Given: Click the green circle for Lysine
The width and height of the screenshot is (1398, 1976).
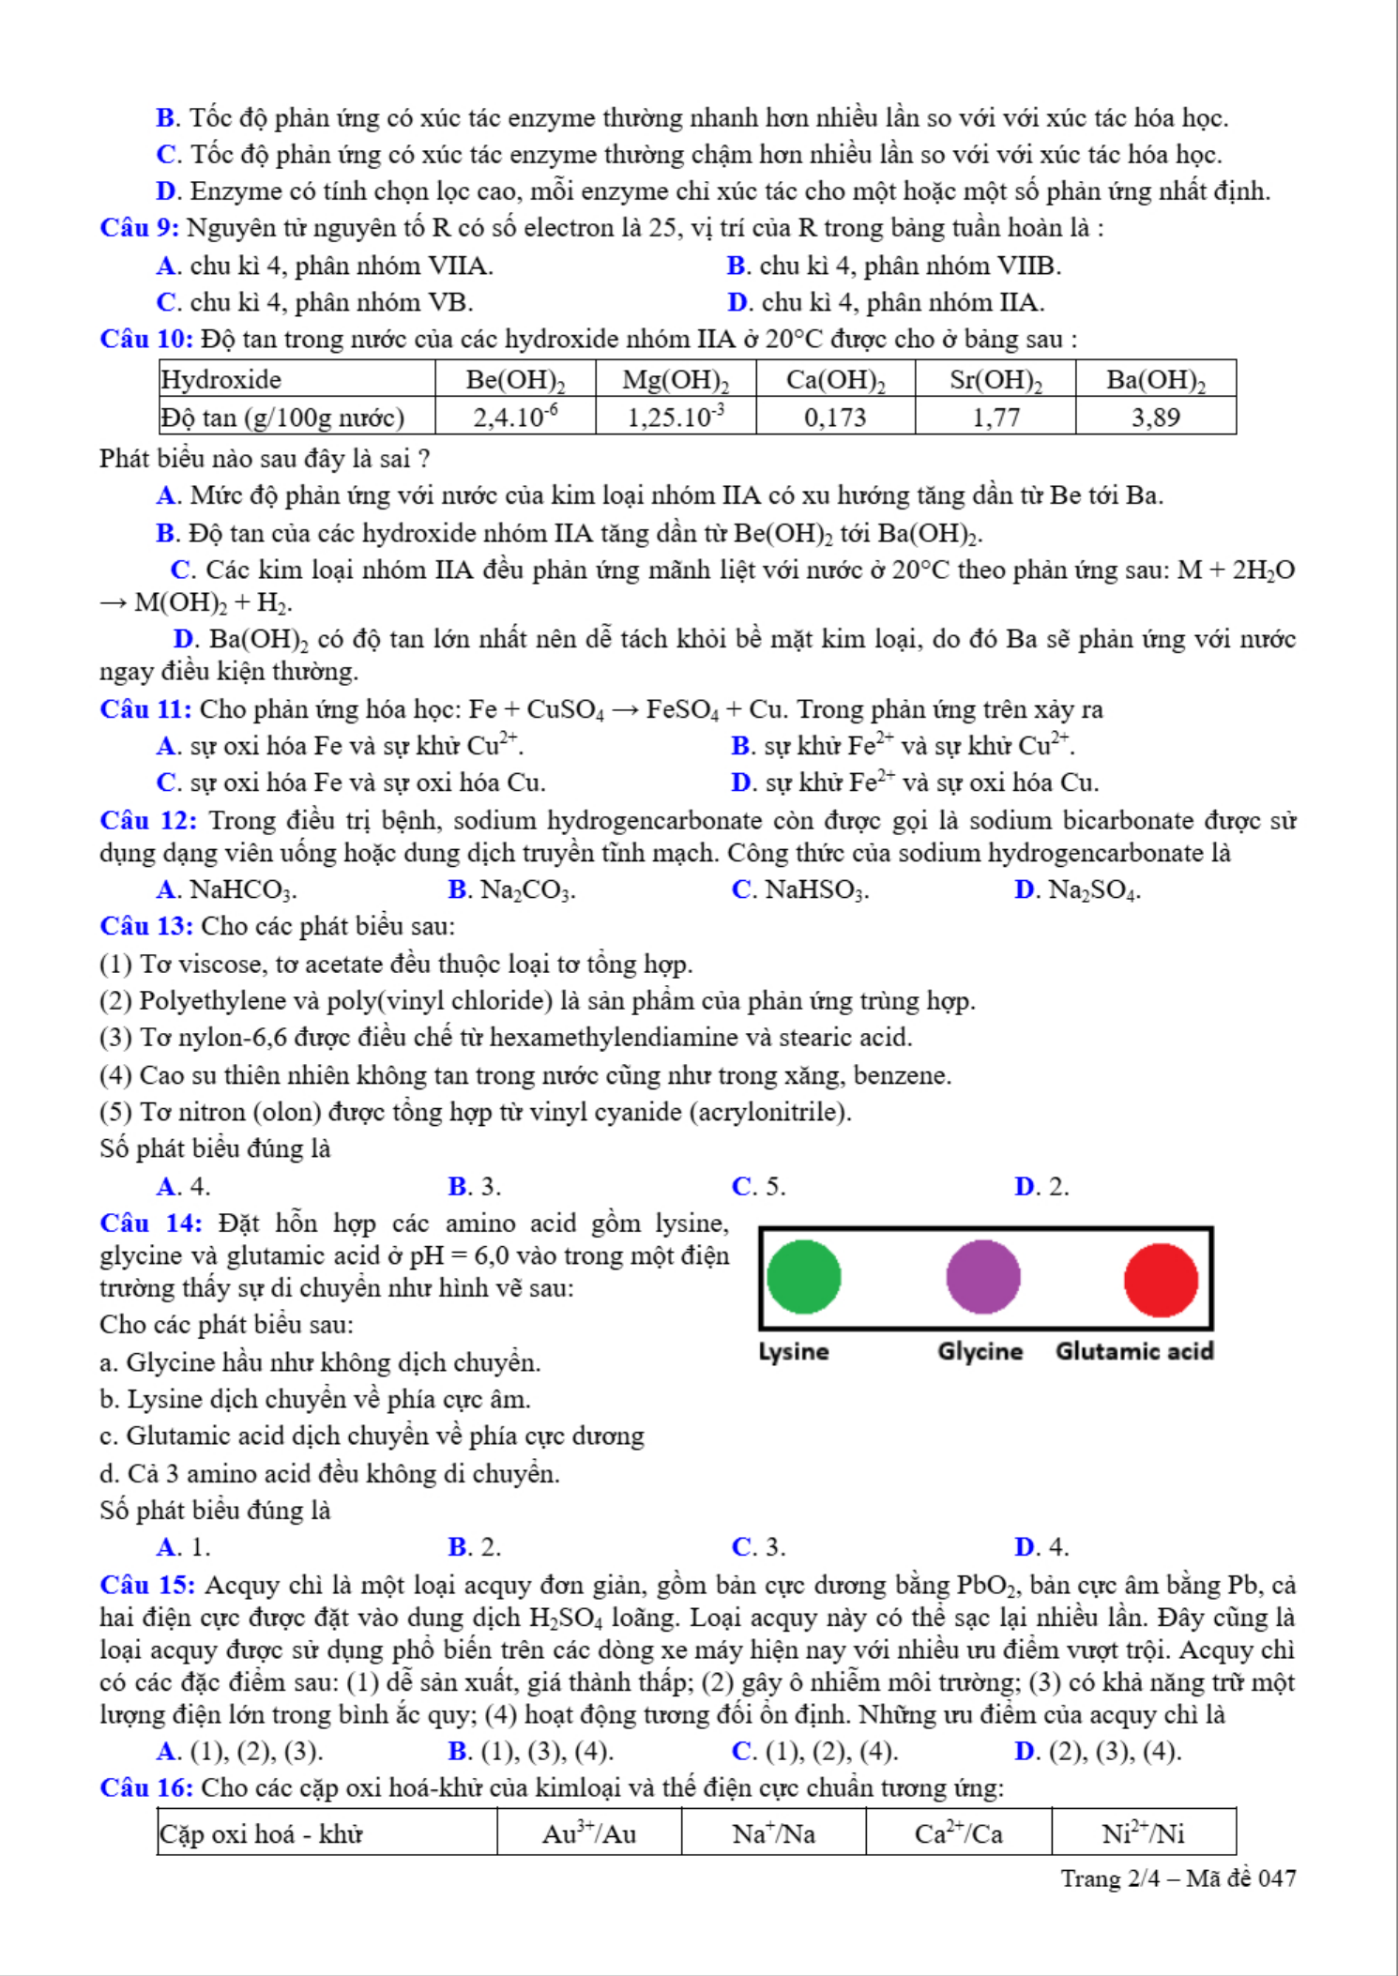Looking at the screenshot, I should click(x=803, y=1277).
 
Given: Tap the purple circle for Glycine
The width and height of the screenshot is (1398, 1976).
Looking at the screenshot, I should click(x=982, y=1277).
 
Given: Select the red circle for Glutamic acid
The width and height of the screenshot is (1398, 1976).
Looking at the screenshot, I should click(x=1161, y=1280).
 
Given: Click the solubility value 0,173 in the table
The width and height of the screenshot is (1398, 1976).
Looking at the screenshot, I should click(x=835, y=418).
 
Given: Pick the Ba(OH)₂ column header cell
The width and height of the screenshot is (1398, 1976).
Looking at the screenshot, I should click(x=1155, y=380).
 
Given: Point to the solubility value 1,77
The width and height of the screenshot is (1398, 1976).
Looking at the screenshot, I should click(x=995, y=418).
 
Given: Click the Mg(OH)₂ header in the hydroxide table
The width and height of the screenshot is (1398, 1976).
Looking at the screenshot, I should click(x=676, y=380).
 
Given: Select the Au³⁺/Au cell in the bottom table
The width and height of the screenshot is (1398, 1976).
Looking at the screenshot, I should click(x=589, y=1833).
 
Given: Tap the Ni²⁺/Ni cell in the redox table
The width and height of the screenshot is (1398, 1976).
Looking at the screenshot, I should click(x=1143, y=1833).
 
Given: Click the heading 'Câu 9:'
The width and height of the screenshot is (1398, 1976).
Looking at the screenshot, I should click(x=140, y=228).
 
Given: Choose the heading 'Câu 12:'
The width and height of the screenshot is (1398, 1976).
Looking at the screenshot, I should click(x=148, y=821).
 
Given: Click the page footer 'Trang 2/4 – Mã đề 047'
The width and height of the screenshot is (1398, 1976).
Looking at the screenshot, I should click(x=1178, y=1878).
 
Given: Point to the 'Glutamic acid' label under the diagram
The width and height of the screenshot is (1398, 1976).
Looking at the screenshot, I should click(x=1134, y=1351).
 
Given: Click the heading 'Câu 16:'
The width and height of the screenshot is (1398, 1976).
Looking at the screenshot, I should click(x=146, y=1788).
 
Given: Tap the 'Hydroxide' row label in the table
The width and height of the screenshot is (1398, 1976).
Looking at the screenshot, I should click(x=221, y=380).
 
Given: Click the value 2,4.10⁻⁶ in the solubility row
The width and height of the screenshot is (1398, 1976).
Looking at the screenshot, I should click(x=515, y=418).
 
